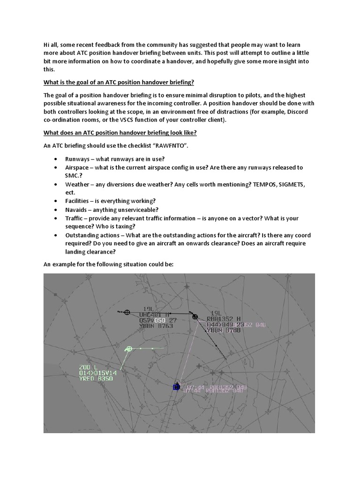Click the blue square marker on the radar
[x=176, y=387]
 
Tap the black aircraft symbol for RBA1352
[x=195, y=317]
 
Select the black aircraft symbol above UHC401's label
[x=127, y=312]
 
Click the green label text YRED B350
[x=96, y=378]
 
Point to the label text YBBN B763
[x=157, y=326]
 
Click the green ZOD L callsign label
[x=88, y=367]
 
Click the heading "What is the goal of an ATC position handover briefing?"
[x=119, y=82]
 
